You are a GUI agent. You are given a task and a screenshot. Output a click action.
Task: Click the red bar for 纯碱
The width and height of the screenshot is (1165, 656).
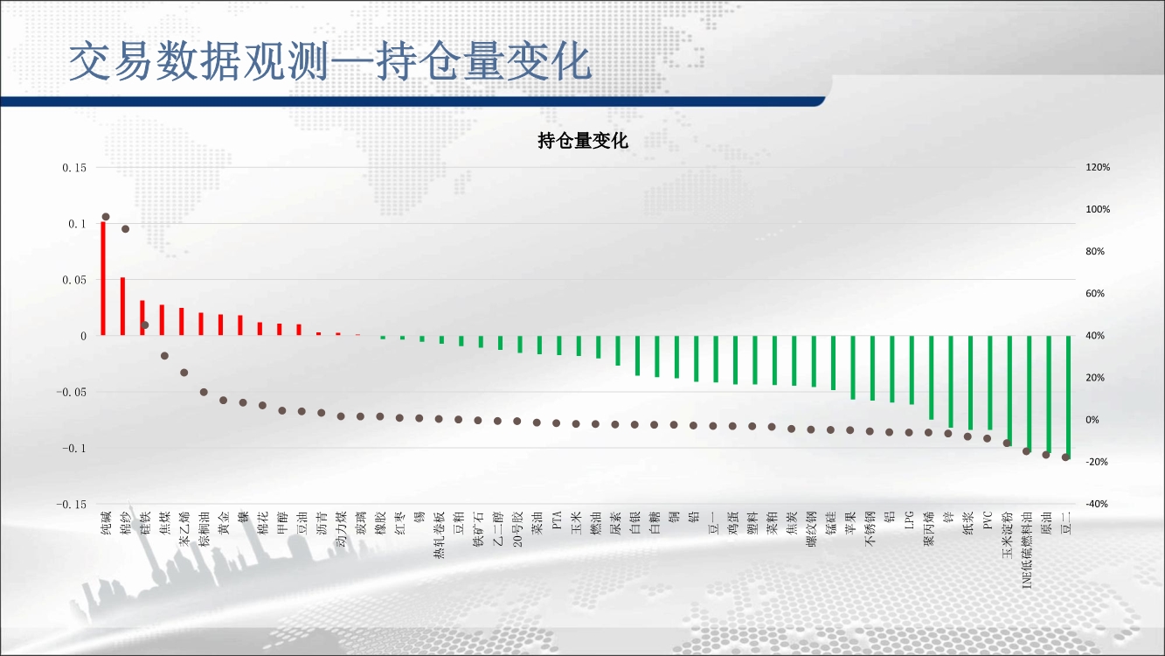[x=103, y=278]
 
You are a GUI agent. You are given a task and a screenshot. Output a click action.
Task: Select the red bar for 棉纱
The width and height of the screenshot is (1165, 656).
[x=122, y=306]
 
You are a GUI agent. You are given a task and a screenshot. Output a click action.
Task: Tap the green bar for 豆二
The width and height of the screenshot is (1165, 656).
[x=1068, y=397]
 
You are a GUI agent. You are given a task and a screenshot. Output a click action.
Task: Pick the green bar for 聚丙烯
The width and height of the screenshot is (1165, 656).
[x=931, y=378]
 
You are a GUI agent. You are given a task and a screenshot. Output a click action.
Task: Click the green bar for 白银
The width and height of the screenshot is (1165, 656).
[x=637, y=356]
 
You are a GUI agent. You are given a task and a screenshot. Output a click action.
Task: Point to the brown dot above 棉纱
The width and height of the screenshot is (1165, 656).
[x=125, y=229]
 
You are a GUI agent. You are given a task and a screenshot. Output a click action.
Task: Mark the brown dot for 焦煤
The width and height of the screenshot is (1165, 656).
[x=164, y=356]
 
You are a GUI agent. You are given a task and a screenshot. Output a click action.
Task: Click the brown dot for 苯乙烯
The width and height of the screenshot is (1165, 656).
[x=184, y=373]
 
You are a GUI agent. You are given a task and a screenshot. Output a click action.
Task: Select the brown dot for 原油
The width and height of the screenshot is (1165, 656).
[x=1046, y=455]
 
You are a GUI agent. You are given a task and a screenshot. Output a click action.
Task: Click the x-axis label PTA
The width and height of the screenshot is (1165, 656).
[x=557, y=520]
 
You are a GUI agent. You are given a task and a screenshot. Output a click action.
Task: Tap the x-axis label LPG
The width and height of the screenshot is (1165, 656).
[x=910, y=520]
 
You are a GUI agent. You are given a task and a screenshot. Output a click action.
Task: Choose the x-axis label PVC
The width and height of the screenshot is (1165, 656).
[x=988, y=520]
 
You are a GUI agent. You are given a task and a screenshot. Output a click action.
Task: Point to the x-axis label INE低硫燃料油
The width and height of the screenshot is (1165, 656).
[x=1027, y=550]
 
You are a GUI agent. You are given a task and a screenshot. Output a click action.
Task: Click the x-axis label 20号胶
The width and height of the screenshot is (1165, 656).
[x=517, y=529]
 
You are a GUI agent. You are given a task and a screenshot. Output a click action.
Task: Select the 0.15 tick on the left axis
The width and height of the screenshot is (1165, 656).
[x=74, y=168]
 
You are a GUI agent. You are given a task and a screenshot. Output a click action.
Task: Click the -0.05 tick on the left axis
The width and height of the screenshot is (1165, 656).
[x=72, y=392]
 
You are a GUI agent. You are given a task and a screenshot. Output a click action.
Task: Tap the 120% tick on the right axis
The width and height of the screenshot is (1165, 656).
[x=1098, y=167]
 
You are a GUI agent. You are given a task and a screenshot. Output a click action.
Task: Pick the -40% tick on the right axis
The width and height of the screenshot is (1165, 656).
[x=1097, y=504]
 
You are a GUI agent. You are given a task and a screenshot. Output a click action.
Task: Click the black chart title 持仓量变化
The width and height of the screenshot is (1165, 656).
[x=583, y=141]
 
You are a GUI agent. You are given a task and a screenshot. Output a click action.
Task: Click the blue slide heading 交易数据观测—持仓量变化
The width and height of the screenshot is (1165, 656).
[x=330, y=62]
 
